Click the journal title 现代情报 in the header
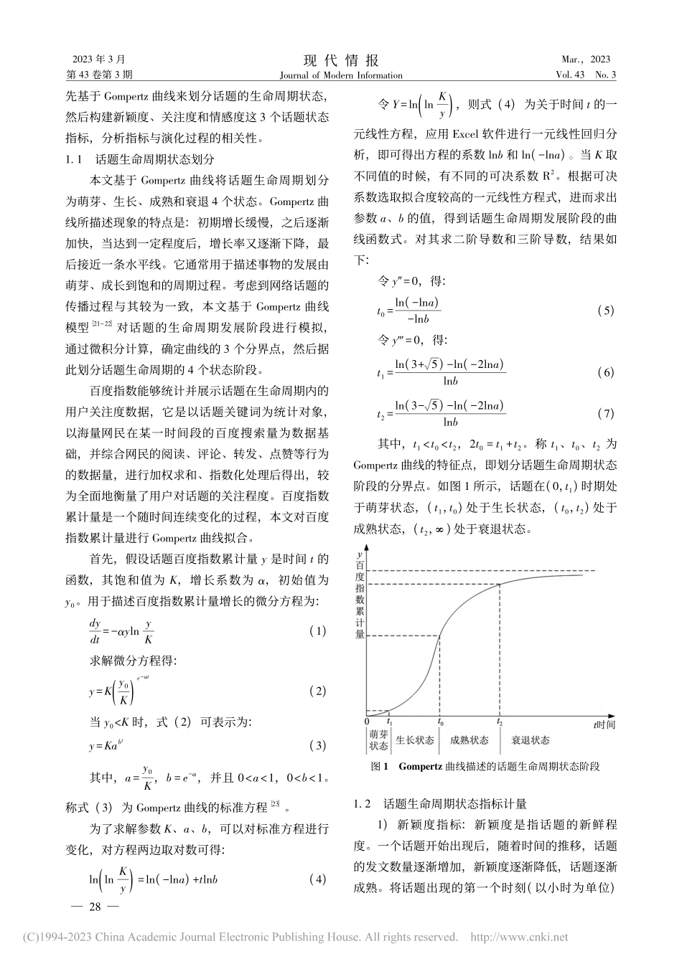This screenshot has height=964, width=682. click(341, 60)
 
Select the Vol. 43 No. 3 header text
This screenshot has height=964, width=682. click(585, 75)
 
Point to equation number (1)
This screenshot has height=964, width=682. click(317, 631)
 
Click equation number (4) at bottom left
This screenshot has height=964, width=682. click(317, 879)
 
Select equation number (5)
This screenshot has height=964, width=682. click(605, 311)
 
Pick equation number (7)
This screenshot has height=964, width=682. click(605, 414)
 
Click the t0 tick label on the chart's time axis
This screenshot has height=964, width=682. click(439, 723)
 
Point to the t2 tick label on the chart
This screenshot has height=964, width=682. click(499, 723)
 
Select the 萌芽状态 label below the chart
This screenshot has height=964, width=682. click(378, 740)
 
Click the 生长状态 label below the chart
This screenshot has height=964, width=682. click(415, 740)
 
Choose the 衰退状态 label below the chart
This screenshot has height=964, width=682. click(531, 740)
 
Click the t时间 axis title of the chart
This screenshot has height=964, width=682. click(604, 724)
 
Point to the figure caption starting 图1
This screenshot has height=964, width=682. click(485, 766)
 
